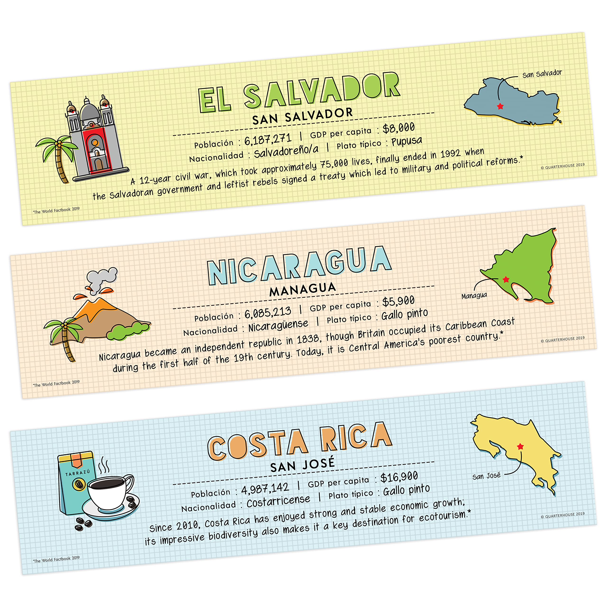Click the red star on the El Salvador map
click(x=500, y=106)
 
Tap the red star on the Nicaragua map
click(x=506, y=279)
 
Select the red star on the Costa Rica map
click(x=520, y=446)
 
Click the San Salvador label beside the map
click(x=542, y=74)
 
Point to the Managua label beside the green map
click(x=474, y=296)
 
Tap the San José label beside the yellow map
click(x=486, y=476)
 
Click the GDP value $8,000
click(x=398, y=128)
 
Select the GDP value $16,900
click(x=399, y=477)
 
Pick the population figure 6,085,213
click(x=268, y=312)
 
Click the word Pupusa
click(x=407, y=142)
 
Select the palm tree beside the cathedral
click(x=58, y=157)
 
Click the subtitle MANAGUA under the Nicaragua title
click(x=303, y=289)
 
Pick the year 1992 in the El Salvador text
click(x=450, y=154)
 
